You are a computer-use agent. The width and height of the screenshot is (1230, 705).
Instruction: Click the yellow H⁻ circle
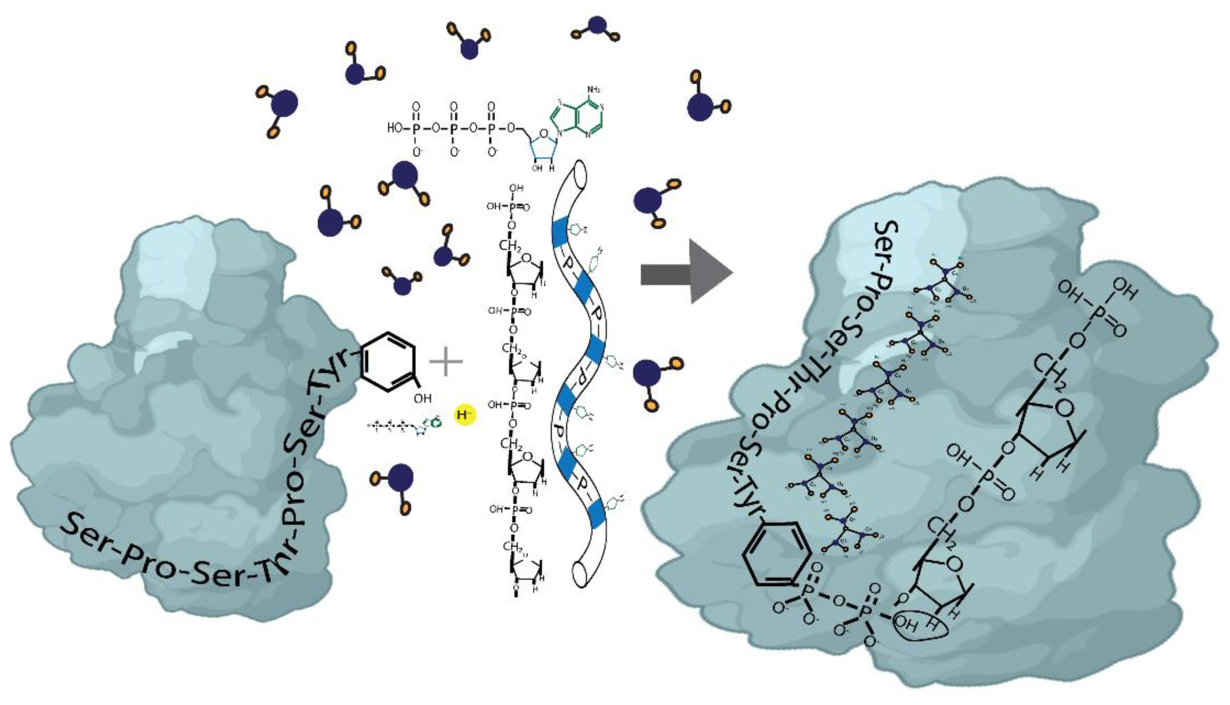point(465,415)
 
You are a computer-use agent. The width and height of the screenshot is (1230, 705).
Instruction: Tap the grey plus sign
point(446,361)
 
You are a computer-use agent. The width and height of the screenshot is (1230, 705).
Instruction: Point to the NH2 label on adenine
point(594,89)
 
